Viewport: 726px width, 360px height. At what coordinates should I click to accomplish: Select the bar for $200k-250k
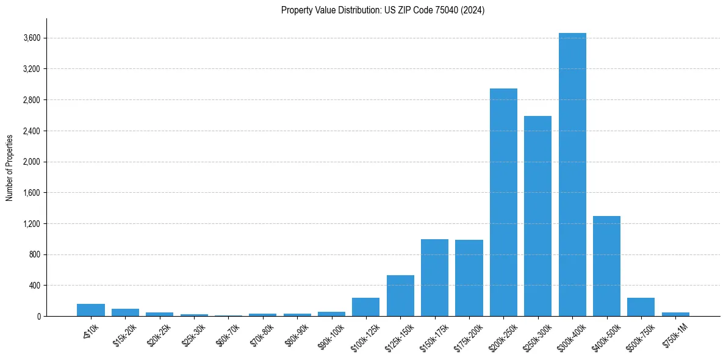[503, 202]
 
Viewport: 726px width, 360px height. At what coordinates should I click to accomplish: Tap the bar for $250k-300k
[537, 216]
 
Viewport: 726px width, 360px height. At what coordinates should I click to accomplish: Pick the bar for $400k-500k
[606, 266]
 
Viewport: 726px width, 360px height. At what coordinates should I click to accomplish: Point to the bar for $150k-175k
[434, 278]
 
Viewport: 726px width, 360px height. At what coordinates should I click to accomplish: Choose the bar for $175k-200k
[469, 278]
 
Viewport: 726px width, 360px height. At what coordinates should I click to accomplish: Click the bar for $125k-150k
[400, 296]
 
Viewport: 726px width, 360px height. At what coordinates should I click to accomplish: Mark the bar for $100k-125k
[365, 307]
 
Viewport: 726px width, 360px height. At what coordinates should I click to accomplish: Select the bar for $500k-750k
[641, 307]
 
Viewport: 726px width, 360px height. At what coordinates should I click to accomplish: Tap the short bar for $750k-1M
[675, 314]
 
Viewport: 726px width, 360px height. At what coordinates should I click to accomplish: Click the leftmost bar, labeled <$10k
[91, 310]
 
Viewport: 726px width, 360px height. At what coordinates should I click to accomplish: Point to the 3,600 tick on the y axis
[31, 38]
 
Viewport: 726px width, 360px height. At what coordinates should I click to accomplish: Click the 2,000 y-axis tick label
[31, 162]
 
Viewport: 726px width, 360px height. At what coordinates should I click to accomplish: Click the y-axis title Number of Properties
[10, 167]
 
